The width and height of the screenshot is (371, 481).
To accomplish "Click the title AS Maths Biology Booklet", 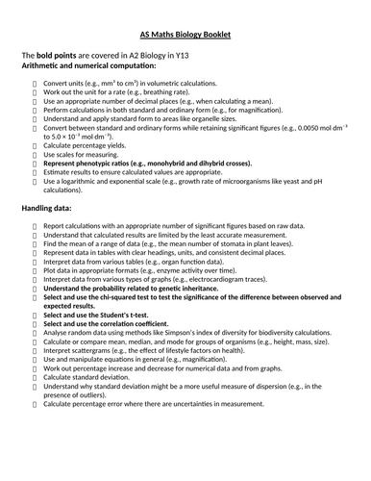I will click(x=185, y=36).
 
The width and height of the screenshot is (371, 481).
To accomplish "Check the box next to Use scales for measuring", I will click(x=35, y=154).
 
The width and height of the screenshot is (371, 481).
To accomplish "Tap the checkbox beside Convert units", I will click(x=35, y=84).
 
